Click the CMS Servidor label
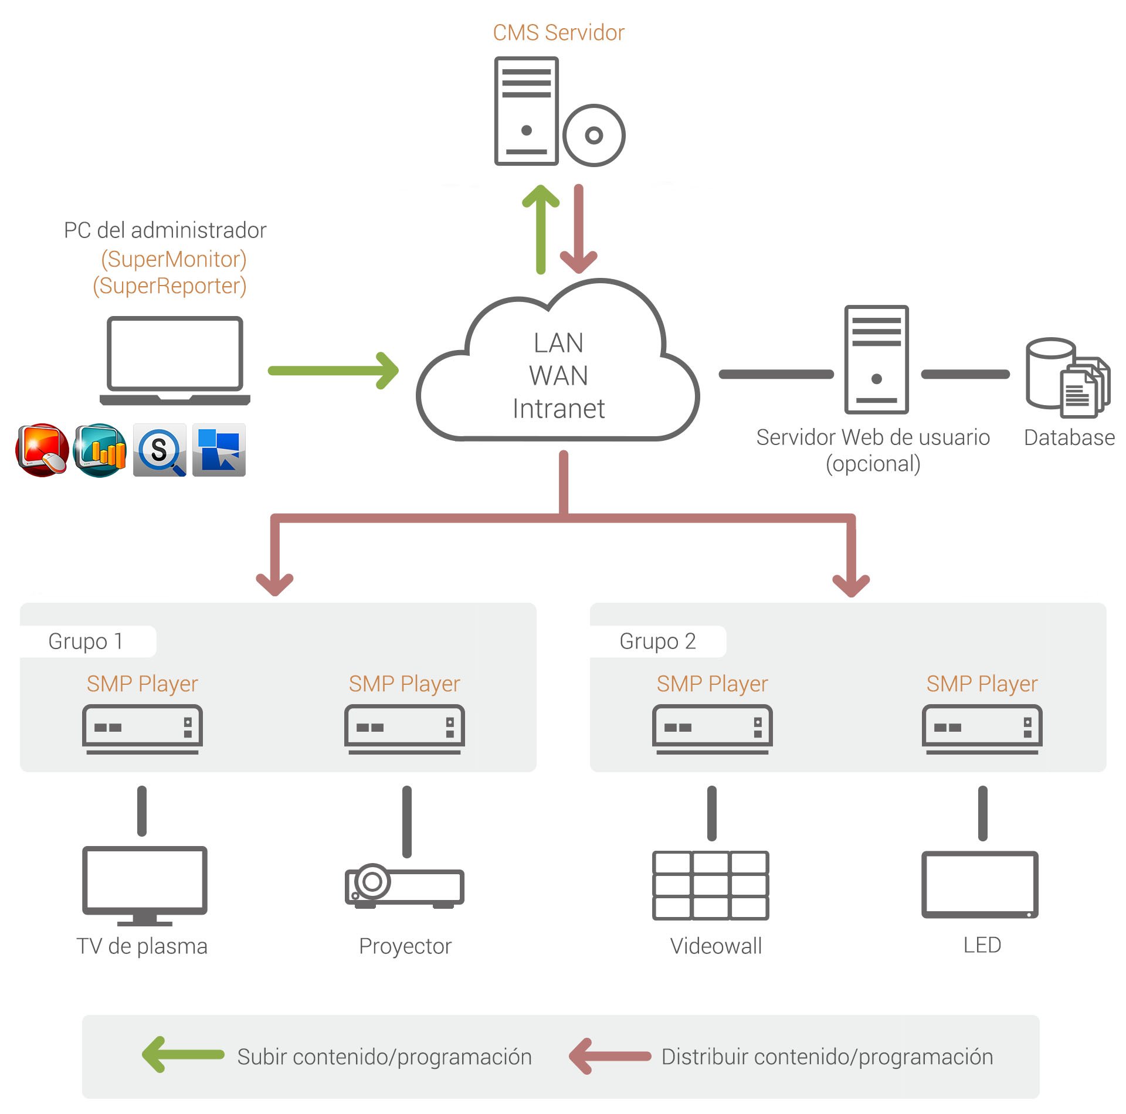558,33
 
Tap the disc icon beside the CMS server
593,135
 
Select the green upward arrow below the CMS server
541,229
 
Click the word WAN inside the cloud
558,375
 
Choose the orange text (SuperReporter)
169,286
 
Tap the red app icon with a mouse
42,450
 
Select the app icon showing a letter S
160,450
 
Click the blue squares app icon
219,450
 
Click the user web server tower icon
876,359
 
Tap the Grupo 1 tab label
86,641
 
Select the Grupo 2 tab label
657,641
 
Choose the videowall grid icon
710,885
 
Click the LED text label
982,945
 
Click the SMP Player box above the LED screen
982,729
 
